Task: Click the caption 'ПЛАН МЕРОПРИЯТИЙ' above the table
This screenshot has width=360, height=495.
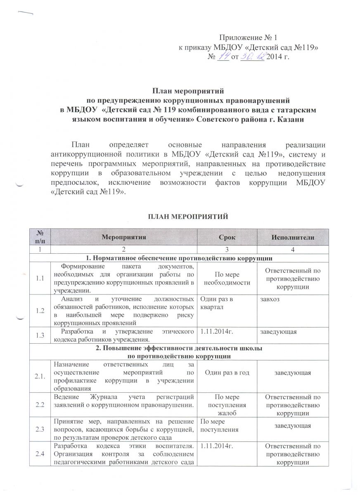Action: [x=180, y=217]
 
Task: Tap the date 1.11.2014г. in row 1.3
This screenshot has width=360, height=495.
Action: [x=215, y=332]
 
